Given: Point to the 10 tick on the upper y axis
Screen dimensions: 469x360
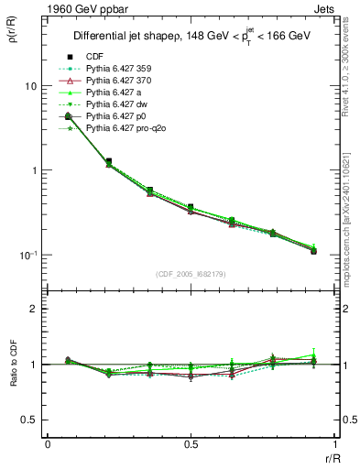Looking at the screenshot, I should click(29, 86).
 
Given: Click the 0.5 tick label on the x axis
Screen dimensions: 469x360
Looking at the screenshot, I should click(190, 445).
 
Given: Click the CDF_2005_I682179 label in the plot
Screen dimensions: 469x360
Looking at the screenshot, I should click(190, 273).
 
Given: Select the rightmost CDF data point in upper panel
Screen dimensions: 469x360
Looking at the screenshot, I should click(313, 251).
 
